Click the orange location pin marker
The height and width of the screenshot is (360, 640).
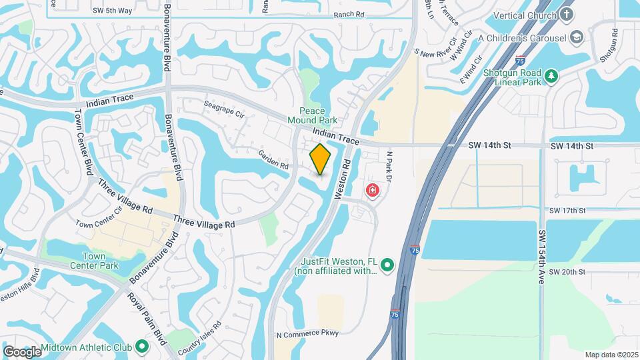tap(321, 159)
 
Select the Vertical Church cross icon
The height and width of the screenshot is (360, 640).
tap(567, 14)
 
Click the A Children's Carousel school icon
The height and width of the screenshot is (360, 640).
tap(577, 37)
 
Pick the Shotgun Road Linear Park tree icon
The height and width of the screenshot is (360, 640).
tap(551, 77)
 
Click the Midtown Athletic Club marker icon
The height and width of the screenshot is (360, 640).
tap(141, 347)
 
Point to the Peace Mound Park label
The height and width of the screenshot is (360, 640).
tap(311, 115)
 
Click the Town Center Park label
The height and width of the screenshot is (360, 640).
tap(100, 261)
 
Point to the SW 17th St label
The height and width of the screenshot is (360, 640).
tap(567, 211)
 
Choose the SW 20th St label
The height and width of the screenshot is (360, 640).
tap(567, 272)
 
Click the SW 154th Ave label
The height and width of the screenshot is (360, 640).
tap(542, 259)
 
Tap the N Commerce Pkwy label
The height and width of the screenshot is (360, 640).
tap(307, 333)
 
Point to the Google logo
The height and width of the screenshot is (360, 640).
tap(21, 351)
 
